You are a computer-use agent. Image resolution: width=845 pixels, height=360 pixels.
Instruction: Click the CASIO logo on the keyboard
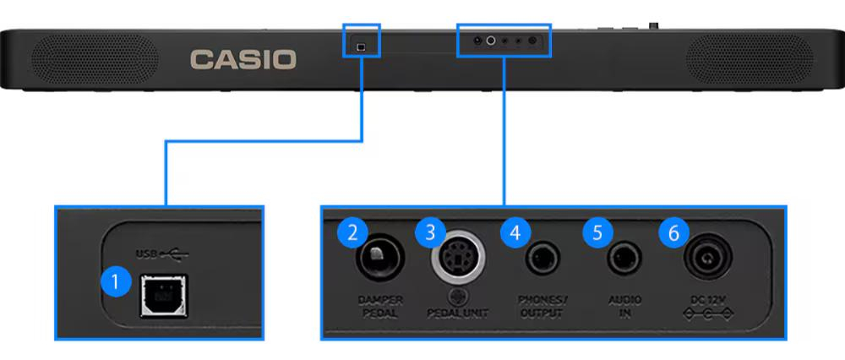(x=243, y=59)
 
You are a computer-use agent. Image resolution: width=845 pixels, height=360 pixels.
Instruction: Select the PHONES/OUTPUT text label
(x=541, y=307)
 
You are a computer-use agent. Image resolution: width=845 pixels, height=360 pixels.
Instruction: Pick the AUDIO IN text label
(x=625, y=307)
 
